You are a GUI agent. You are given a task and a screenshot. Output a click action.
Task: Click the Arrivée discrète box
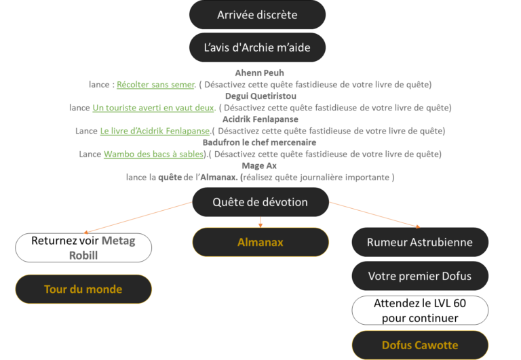tap(257, 14)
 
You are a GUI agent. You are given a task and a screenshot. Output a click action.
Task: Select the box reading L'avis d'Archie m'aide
tap(257, 47)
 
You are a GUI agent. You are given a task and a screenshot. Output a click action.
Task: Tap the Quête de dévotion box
tap(260, 202)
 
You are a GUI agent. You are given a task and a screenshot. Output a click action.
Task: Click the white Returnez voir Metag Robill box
tap(83, 247)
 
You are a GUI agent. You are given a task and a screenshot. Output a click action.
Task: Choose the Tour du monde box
tap(83, 289)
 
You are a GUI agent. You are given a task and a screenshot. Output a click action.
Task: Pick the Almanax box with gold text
tap(260, 242)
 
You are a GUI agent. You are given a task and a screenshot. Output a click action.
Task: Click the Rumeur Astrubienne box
tap(419, 242)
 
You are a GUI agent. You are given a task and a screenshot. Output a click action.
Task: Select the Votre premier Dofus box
tap(419, 276)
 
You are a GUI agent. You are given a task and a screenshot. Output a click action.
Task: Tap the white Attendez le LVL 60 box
tap(419, 311)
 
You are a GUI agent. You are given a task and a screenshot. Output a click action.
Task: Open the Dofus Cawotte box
tap(419, 345)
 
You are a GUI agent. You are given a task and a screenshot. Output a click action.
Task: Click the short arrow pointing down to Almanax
tap(260, 221)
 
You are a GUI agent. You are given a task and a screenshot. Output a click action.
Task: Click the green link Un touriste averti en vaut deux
tap(154, 108)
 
